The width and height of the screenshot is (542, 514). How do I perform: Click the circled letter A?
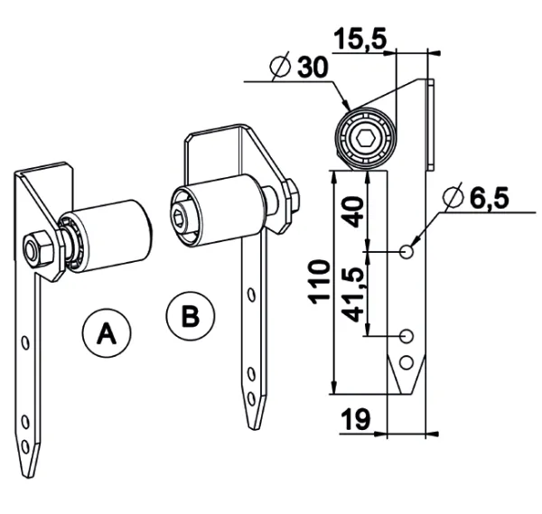tap(107, 333)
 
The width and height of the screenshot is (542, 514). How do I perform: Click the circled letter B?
tap(191, 316)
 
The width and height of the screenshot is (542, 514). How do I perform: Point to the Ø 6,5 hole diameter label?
tap(476, 199)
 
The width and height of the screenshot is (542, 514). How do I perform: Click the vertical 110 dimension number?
tap(319, 282)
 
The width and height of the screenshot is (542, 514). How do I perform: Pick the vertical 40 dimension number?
tap(353, 211)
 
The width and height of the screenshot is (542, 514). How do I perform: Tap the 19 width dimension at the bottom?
tap(356, 419)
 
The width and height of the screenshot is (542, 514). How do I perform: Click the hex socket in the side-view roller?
tap(366, 139)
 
